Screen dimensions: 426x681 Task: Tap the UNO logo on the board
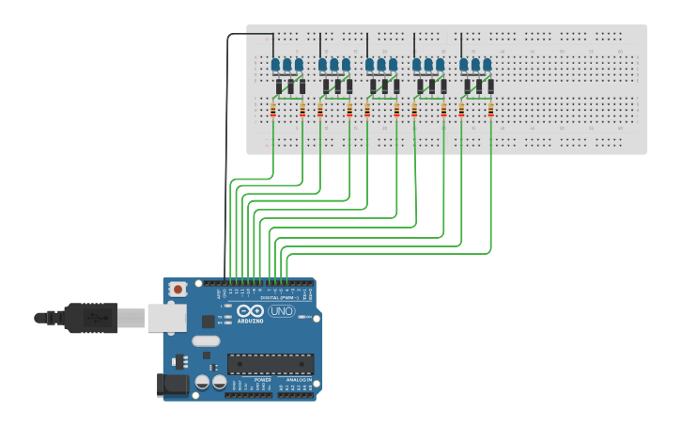click(281, 311)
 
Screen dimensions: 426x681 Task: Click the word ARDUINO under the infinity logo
click(251, 321)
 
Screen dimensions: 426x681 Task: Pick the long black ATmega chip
click(271, 363)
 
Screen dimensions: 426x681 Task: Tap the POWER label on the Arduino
click(250, 380)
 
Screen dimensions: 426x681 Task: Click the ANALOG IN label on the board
click(293, 380)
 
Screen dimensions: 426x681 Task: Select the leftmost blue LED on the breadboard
click(276, 65)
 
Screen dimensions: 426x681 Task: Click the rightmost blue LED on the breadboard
click(487, 65)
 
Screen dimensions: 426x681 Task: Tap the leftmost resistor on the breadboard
click(273, 111)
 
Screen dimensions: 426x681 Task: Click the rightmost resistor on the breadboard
click(490, 111)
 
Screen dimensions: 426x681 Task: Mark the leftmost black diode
click(278, 87)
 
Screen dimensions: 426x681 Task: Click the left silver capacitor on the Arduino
click(202, 383)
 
